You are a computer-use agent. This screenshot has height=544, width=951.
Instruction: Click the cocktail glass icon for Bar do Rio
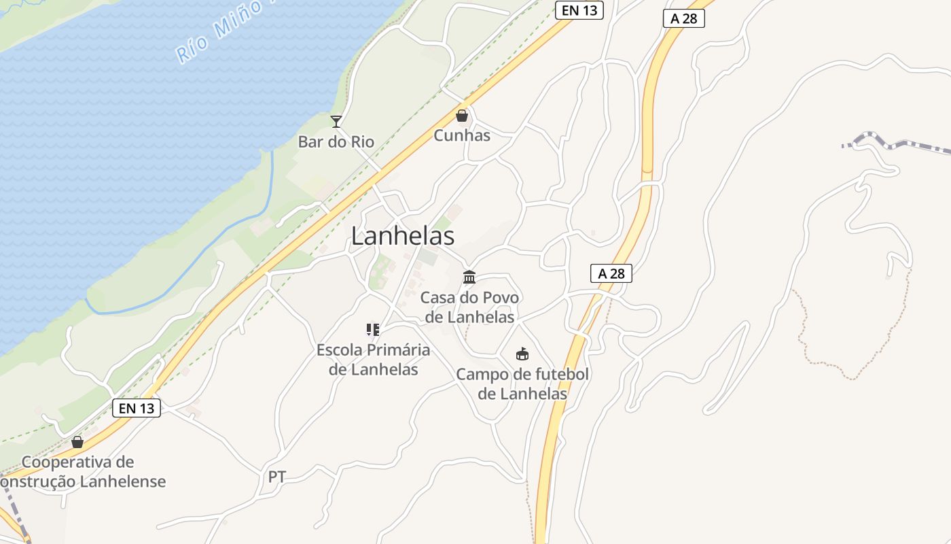[336, 122]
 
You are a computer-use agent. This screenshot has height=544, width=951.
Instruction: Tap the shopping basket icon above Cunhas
[462, 116]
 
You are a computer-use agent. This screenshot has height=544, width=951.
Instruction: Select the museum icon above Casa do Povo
[469, 277]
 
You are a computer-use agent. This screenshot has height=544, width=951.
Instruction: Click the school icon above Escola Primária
[373, 330]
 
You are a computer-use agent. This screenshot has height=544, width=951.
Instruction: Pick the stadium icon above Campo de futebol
[522, 354]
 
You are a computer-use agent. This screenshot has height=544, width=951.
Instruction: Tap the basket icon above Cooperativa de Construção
[77, 442]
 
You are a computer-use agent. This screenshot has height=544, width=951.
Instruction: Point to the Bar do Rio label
[336, 141]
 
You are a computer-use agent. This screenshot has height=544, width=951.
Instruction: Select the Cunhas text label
[462, 135]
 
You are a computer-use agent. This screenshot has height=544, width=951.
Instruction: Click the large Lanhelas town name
[403, 236]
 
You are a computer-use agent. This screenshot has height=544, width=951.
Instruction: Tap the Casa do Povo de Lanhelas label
[469, 307]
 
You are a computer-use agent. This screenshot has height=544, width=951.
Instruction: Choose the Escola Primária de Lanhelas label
[373, 360]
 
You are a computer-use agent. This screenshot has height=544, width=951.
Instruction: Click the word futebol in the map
[561, 374]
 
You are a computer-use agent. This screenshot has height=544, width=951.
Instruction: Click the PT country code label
[277, 477]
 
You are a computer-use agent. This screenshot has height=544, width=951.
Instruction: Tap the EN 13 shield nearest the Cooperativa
[137, 408]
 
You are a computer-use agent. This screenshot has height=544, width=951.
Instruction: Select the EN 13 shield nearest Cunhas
[579, 10]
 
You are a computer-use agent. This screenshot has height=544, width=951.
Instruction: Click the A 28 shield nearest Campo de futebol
[611, 273]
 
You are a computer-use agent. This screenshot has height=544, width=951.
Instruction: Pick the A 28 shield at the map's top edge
[684, 18]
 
